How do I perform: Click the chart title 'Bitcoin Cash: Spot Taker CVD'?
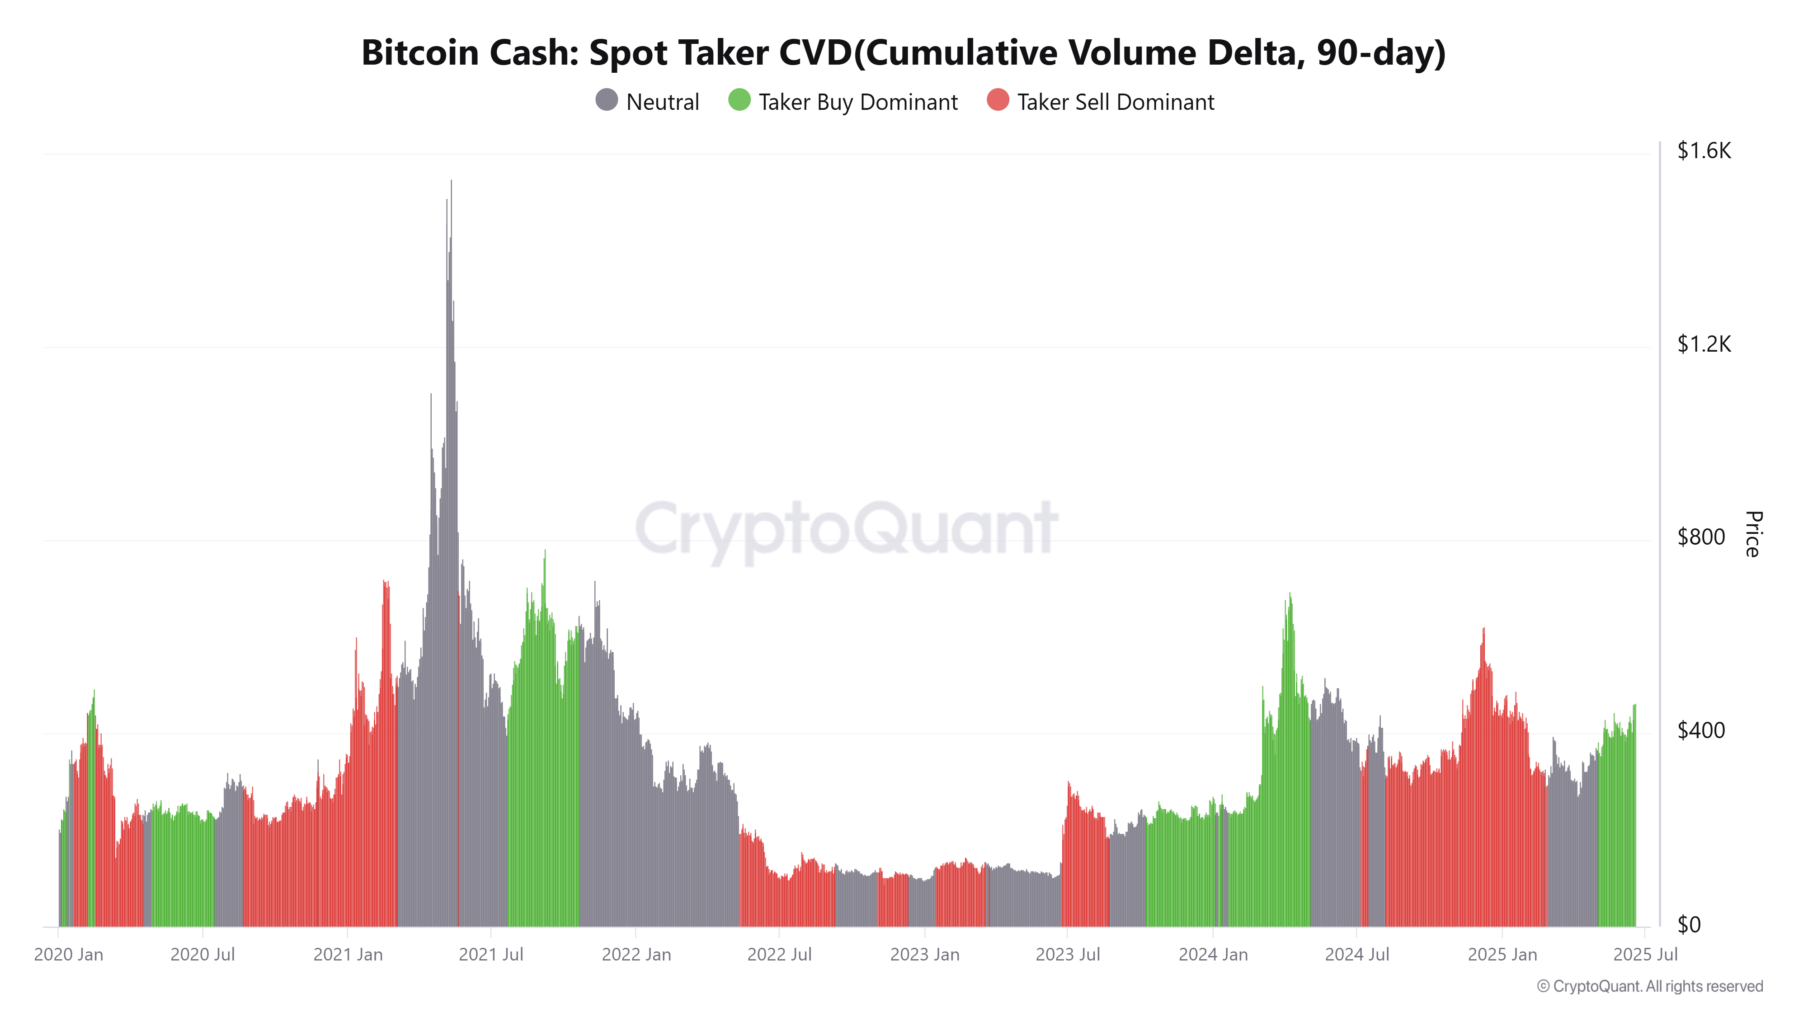tap(903, 52)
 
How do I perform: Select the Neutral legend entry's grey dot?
tap(607, 100)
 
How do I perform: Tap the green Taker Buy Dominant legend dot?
tap(739, 100)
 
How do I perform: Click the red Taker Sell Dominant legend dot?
tap(998, 100)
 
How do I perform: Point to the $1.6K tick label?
tap(1704, 151)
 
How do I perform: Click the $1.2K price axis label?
tap(1704, 344)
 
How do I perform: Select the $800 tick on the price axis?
tap(1700, 537)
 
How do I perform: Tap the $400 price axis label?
tap(1700, 730)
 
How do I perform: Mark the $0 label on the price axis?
tap(1689, 924)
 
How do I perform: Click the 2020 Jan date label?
tap(68, 955)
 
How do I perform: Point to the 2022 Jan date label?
tap(636, 955)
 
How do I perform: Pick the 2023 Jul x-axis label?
tap(1068, 955)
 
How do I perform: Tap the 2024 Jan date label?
tap(1213, 955)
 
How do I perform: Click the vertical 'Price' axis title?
tap(1752, 534)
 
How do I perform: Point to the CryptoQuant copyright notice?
tap(1649, 986)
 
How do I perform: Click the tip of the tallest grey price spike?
tap(451, 181)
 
